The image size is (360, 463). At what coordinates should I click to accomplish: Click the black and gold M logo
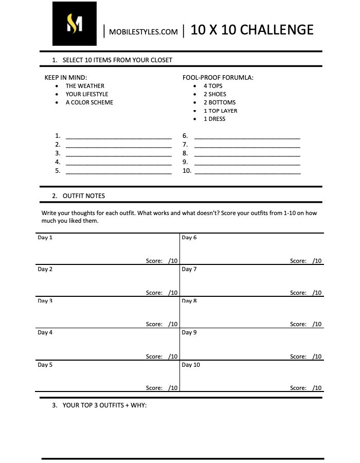point(74,24)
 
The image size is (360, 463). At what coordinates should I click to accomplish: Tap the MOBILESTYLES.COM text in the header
point(143,32)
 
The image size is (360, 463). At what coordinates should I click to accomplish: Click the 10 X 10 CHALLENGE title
point(251,30)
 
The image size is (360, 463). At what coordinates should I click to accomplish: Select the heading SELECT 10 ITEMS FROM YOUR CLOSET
point(117,60)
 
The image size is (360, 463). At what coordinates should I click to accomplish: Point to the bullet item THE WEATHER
point(85,86)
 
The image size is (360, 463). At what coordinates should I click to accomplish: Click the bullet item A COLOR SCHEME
point(89,102)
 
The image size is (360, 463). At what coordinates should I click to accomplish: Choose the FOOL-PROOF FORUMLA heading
point(218,78)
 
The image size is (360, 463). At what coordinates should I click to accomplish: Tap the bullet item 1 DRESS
point(214,119)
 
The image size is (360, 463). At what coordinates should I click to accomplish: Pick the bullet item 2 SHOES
point(215,94)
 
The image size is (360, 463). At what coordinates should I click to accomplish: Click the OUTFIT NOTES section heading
point(83,196)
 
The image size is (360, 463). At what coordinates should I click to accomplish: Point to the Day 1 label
point(45,238)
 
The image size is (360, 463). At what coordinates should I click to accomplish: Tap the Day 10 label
point(191,365)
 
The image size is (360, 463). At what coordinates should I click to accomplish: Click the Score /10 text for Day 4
point(161,357)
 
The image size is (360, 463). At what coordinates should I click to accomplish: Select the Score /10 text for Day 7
point(305,293)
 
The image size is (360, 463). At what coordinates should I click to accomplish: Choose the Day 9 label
point(189,332)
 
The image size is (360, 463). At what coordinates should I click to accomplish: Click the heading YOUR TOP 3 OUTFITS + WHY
point(104,405)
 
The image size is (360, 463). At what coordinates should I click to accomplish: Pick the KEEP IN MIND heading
point(66,78)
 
